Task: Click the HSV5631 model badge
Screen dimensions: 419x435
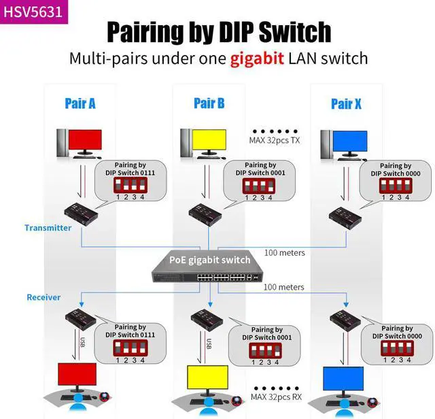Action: (34, 12)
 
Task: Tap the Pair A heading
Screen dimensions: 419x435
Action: (80, 103)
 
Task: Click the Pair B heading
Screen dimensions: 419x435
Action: (209, 103)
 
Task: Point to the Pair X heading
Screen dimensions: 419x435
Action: (346, 103)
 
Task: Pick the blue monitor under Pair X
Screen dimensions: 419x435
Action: (350, 144)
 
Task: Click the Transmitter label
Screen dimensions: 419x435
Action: (48, 228)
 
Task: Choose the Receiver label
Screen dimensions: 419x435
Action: (43, 297)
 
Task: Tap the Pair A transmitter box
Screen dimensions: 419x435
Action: (80, 215)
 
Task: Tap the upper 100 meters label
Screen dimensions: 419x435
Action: (283, 253)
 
